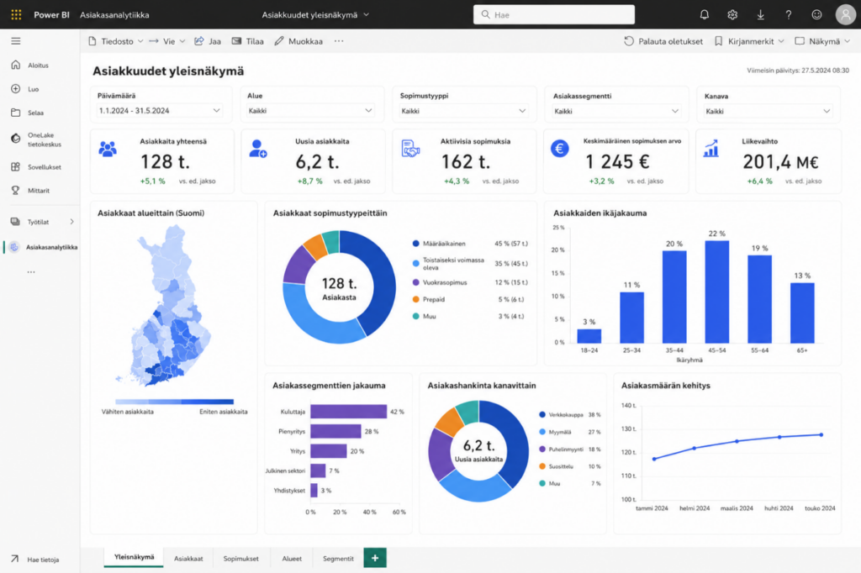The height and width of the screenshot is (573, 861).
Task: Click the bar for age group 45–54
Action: tap(716, 292)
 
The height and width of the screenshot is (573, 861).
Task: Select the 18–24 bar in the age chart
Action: tap(589, 336)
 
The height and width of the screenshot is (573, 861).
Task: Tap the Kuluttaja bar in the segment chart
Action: tap(348, 411)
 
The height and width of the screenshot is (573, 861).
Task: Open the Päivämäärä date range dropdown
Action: tap(159, 110)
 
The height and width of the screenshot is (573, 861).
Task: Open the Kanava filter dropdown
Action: tap(767, 111)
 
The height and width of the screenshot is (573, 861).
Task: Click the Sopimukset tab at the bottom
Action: tap(240, 558)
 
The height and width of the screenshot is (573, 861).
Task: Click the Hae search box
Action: tap(553, 15)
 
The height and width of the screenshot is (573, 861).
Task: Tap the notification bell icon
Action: tap(704, 15)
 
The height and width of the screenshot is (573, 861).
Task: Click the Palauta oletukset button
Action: tap(663, 41)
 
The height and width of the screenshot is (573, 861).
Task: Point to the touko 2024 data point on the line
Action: tap(821, 434)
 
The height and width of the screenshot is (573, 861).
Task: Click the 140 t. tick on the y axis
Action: tap(628, 406)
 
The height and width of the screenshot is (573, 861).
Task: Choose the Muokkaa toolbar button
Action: tap(298, 41)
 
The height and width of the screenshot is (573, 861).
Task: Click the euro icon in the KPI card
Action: tap(559, 148)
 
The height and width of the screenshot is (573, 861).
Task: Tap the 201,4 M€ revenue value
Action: tap(780, 162)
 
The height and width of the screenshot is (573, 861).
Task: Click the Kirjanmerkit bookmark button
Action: tap(749, 41)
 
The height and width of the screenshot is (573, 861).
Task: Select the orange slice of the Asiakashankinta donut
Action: tap(449, 421)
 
